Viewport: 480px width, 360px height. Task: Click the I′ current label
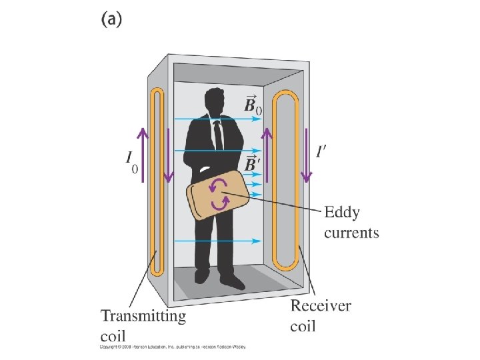pos(321,153)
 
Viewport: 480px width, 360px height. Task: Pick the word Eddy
pos(341,213)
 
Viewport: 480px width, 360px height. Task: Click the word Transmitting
pos(143,315)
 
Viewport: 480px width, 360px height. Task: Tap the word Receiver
pos(321,307)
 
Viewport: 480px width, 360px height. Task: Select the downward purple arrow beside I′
pos(307,154)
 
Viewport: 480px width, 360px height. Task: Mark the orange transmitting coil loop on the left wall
pos(157,181)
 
